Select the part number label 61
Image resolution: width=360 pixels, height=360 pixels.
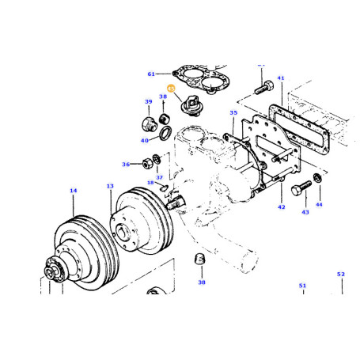pyautogui.click(x=152, y=74)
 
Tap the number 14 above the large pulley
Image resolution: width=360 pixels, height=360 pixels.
pyautogui.click(x=73, y=191)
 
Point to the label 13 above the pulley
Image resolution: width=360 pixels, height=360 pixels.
pyautogui.click(x=110, y=186)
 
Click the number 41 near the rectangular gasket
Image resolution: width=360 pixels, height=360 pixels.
pyautogui.click(x=280, y=78)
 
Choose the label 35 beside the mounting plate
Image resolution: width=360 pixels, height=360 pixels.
pyautogui.click(x=233, y=113)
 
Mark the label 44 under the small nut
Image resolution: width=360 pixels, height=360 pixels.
pyautogui.click(x=319, y=204)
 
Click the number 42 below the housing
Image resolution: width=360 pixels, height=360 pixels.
pyautogui.click(x=280, y=207)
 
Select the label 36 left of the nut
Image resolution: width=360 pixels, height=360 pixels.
pyautogui.click(x=126, y=165)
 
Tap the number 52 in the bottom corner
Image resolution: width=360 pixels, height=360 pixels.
pyautogui.click(x=341, y=274)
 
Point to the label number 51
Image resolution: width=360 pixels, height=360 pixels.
pyautogui.click(x=301, y=285)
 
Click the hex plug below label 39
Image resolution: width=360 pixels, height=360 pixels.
pyautogui.click(x=148, y=123)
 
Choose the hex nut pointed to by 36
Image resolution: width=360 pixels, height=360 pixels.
pyautogui.click(x=146, y=165)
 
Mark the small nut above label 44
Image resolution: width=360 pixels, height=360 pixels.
pyautogui.click(x=317, y=176)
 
